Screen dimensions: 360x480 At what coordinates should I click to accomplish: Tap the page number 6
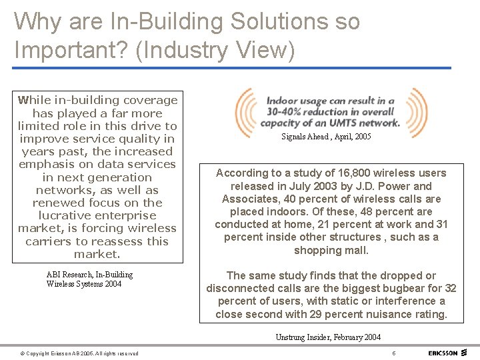(x=394, y=353)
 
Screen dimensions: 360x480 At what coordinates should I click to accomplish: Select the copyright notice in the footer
(x=79, y=353)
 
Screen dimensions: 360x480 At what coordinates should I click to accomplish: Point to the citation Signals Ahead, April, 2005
(x=326, y=137)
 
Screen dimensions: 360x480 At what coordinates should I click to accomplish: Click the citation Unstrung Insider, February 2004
(x=328, y=337)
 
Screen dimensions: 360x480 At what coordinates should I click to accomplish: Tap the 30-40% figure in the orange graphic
(x=286, y=113)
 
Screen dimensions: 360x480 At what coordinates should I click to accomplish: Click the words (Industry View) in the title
(x=215, y=49)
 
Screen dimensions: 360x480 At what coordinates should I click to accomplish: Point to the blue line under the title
(x=233, y=67)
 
